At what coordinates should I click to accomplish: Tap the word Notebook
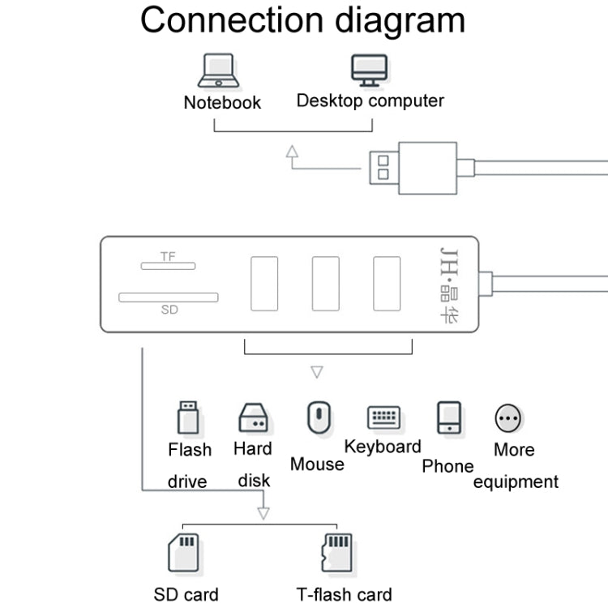[x=222, y=103]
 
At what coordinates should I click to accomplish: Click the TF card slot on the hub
[x=168, y=265]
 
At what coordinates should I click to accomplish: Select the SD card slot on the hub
[x=169, y=298]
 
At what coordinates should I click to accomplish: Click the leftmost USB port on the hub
[x=264, y=284]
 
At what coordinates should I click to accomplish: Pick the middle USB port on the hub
[x=326, y=284]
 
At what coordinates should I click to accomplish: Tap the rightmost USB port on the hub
[x=387, y=284]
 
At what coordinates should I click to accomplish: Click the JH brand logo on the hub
[x=447, y=284]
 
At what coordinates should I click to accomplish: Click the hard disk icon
[x=253, y=418]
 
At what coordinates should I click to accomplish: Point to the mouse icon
[x=317, y=417]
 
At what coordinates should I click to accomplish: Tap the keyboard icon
[x=383, y=417]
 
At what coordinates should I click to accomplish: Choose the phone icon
[x=448, y=418]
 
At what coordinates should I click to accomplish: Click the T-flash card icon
[x=336, y=554]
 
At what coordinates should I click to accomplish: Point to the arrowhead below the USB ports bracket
[x=317, y=373]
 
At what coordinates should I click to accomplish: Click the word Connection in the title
[x=226, y=20]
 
